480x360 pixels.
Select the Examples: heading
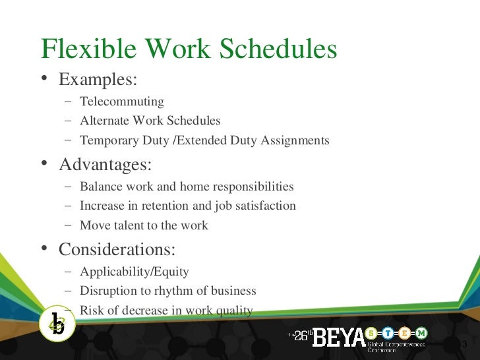(x=98, y=80)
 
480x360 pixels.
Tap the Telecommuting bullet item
(x=121, y=102)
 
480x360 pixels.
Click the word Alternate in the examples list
(x=104, y=121)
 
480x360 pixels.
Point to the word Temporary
(x=107, y=140)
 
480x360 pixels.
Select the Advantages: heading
(x=105, y=164)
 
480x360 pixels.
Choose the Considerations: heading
(x=117, y=249)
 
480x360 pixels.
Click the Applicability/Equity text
(x=134, y=272)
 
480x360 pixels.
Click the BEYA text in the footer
(x=338, y=338)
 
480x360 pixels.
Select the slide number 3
(x=465, y=346)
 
